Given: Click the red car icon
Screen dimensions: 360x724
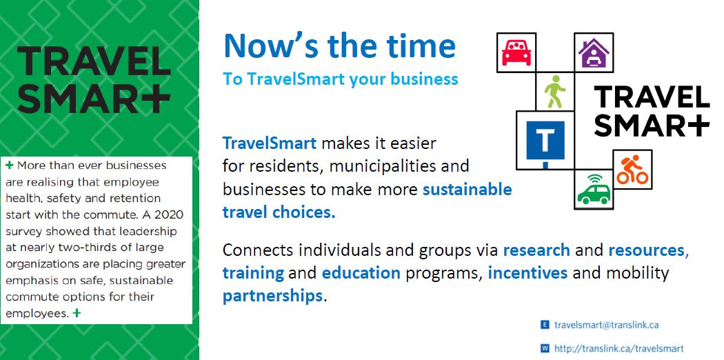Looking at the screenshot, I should pos(516,52).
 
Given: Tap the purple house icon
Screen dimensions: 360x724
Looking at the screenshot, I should pos(594,52).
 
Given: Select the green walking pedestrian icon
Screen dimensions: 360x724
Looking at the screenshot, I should pos(554,92).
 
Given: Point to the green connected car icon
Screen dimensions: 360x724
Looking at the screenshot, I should pos(594,190).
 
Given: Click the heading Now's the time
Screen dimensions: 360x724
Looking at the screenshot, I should pos(339,46).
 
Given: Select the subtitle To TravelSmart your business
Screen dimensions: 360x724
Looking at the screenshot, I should pos(340,79).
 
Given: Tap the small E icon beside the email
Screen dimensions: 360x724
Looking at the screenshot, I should pos(545,324).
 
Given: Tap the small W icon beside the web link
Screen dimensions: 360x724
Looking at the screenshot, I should pos(545,348).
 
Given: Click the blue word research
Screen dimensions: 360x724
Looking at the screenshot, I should pos(536,250).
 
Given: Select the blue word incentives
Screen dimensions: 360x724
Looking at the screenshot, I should pos(527,272).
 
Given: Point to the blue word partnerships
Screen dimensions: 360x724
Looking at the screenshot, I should pos(272,296).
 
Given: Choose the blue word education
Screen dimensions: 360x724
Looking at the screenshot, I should pos(361,272).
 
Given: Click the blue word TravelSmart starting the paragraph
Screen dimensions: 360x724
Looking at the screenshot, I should pos(269,143).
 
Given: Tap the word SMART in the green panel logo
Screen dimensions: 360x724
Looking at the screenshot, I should pos(94,99).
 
